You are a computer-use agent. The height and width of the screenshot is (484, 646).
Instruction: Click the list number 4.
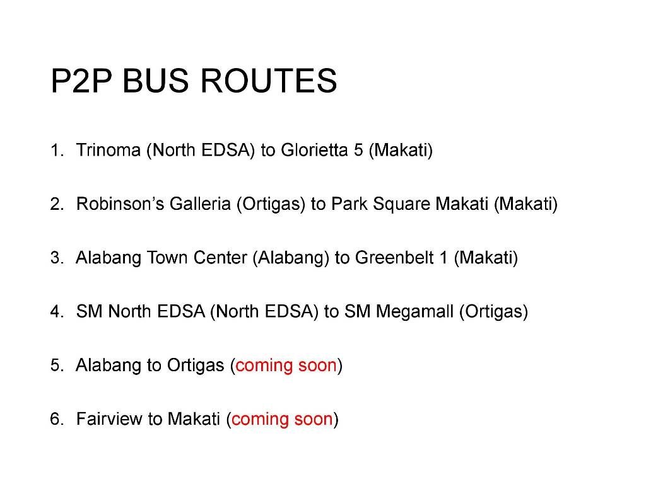(x=56, y=311)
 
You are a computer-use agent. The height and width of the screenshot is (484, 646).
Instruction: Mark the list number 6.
(x=56, y=419)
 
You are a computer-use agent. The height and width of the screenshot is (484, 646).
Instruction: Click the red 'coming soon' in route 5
(x=286, y=366)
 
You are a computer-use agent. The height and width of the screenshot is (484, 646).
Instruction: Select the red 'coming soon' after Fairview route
(x=282, y=419)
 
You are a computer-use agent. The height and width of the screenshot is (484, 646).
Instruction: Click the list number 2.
(x=56, y=204)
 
